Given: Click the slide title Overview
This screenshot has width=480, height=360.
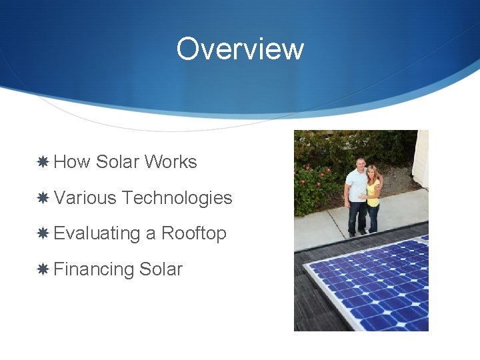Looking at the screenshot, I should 240,49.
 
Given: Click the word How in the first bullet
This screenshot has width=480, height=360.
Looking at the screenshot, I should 72,162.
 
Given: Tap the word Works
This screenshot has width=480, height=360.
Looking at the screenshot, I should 171,162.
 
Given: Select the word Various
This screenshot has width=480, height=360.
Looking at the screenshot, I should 85,198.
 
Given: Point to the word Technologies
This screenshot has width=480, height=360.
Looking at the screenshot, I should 177,198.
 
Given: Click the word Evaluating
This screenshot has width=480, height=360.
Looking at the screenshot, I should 97,233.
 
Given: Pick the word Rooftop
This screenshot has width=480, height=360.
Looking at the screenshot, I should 194,233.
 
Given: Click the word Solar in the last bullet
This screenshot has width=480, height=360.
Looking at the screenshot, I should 161,269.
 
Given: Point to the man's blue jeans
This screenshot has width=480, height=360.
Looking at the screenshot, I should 357,215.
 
